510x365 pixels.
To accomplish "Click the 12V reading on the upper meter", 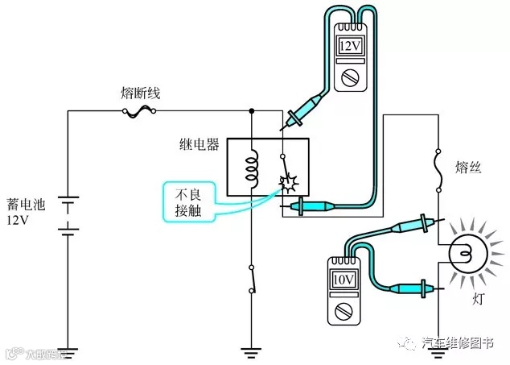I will tap(350, 46).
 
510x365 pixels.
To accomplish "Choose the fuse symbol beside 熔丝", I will tap(438, 171).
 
